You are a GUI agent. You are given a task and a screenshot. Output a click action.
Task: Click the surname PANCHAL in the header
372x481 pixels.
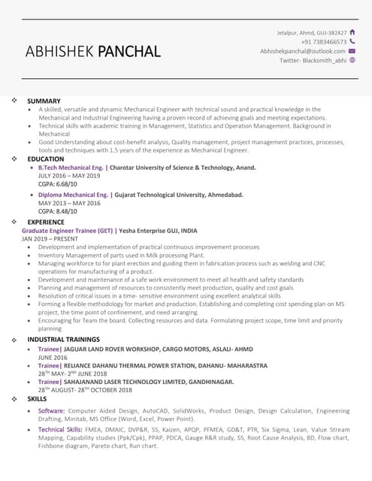pyautogui.click(x=127, y=52)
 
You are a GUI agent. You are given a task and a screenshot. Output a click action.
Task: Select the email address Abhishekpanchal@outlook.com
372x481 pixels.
pyautogui.click(x=303, y=51)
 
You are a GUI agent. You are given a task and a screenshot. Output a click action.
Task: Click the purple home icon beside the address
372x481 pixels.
pyautogui.click(x=353, y=32)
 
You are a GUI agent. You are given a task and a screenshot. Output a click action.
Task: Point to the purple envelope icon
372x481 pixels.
pyautogui.click(x=352, y=51)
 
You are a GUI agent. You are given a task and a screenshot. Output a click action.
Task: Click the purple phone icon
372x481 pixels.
pyautogui.click(x=352, y=42)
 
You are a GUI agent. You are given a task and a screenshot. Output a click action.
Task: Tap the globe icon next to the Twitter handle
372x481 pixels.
pyautogui.click(x=352, y=60)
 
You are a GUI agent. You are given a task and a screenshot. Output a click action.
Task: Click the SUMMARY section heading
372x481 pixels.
pyautogui.click(x=44, y=101)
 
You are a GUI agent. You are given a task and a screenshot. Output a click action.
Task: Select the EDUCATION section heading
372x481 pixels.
pyautogui.click(x=46, y=159)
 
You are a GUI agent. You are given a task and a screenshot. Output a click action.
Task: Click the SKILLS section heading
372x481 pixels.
pyautogui.click(x=37, y=399)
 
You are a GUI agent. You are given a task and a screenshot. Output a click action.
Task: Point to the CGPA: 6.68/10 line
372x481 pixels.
pyautogui.click(x=57, y=184)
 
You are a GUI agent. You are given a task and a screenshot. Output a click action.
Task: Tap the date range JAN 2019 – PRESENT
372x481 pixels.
pyautogui.click(x=50, y=239)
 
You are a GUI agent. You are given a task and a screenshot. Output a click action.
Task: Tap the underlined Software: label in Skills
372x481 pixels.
pyautogui.click(x=52, y=411)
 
